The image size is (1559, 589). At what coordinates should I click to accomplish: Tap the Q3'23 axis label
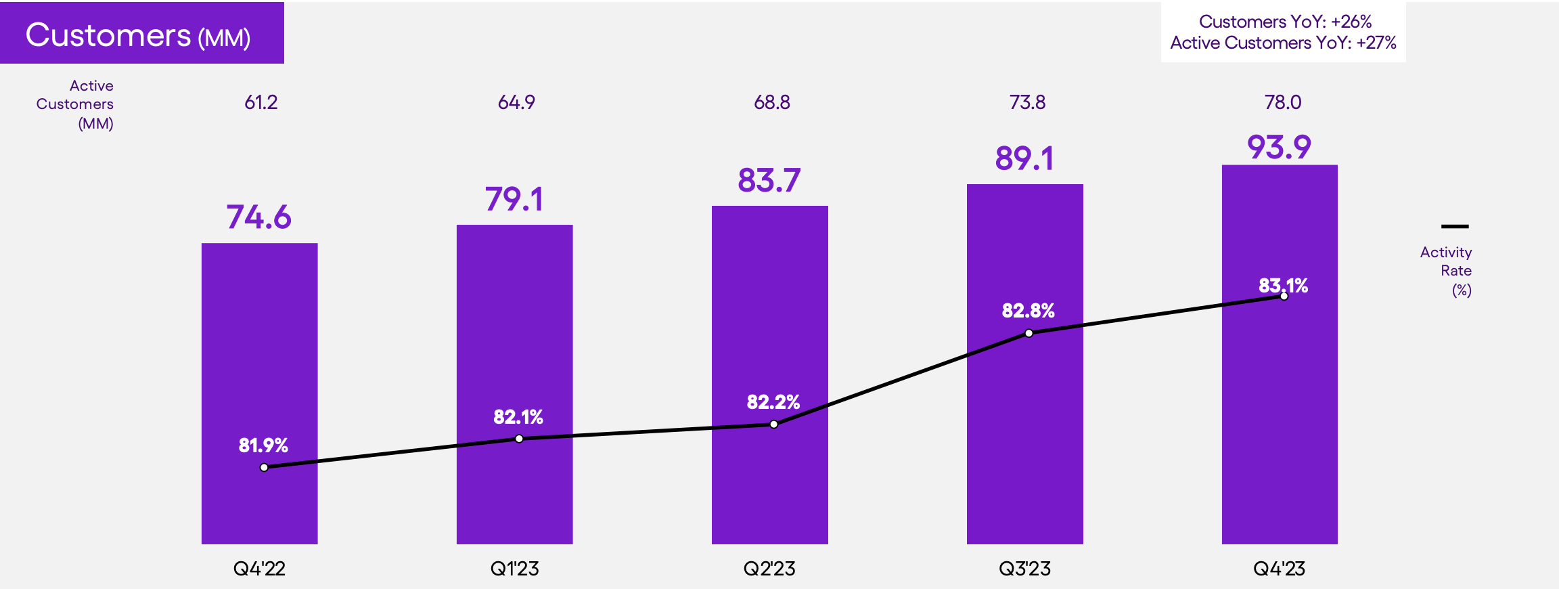[1024, 569]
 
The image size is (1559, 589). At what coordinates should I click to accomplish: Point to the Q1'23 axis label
[514, 569]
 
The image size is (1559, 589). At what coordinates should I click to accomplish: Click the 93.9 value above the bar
[1279, 147]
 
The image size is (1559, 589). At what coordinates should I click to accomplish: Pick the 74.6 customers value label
[259, 217]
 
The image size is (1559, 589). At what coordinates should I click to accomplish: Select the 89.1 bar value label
[1024, 158]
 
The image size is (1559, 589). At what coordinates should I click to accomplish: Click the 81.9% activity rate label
[263, 445]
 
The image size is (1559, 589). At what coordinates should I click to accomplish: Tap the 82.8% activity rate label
[1028, 311]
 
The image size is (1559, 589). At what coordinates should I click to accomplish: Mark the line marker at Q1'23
[519, 439]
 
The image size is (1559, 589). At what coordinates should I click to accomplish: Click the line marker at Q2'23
[773, 424]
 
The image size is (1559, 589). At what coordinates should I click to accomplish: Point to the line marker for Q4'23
[1284, 297]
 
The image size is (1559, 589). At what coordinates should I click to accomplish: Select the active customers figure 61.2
[261, 102]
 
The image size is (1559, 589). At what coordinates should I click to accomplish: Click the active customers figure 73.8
[1027, 102]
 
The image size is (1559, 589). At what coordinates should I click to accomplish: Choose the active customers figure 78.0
[1283, 102]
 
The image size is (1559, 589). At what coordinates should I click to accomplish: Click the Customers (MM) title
[138, 35]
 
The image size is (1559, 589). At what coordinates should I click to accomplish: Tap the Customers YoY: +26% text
[1285, 22]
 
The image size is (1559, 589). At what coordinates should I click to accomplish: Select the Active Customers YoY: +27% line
[1283, 43]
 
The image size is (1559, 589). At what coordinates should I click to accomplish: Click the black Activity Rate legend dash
[1454, 226]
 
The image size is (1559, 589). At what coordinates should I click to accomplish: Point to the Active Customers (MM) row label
[76, 104]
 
